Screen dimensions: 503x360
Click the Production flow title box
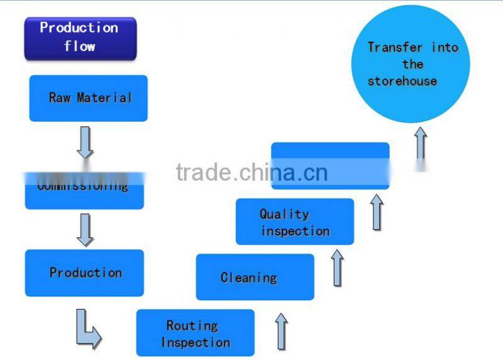point(80,38)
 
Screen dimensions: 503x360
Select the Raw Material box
point(88,98)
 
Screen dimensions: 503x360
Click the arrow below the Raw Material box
point(85,142)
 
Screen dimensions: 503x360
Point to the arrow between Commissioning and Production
point(85,230)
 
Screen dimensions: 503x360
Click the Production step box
point(84,273)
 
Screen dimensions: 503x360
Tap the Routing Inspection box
point(195,333)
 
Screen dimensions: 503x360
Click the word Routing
point(192,325)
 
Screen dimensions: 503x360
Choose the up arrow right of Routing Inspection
point(281,331)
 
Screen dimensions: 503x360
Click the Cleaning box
point(255,277)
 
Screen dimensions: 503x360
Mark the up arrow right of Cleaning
point(338,267)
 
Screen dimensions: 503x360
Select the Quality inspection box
point(294,222)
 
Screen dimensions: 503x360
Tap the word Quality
point(284,214)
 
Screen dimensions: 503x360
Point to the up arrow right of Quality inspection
point(377,212)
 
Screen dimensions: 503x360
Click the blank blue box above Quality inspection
point(330,165)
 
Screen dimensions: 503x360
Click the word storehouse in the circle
point(402,81)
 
